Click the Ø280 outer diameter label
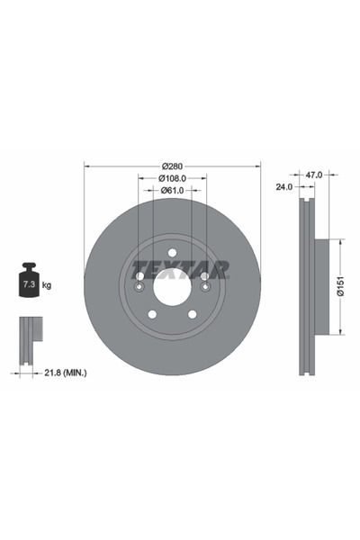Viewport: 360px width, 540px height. coord(173,166)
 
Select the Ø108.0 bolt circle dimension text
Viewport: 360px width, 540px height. coord(173,178)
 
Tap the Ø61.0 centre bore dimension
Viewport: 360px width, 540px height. coord(173,190)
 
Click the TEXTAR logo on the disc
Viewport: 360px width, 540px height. coord(181,269)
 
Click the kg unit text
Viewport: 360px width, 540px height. coord(47,285)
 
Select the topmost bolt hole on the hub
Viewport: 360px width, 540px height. coord(172,254)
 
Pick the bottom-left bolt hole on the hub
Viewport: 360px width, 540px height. coord(151,314)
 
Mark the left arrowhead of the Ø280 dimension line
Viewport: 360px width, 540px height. coord(87,166)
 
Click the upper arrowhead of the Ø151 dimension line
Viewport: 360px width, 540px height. coord(340,241)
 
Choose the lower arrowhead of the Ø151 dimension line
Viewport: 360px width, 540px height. coord(340,332)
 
